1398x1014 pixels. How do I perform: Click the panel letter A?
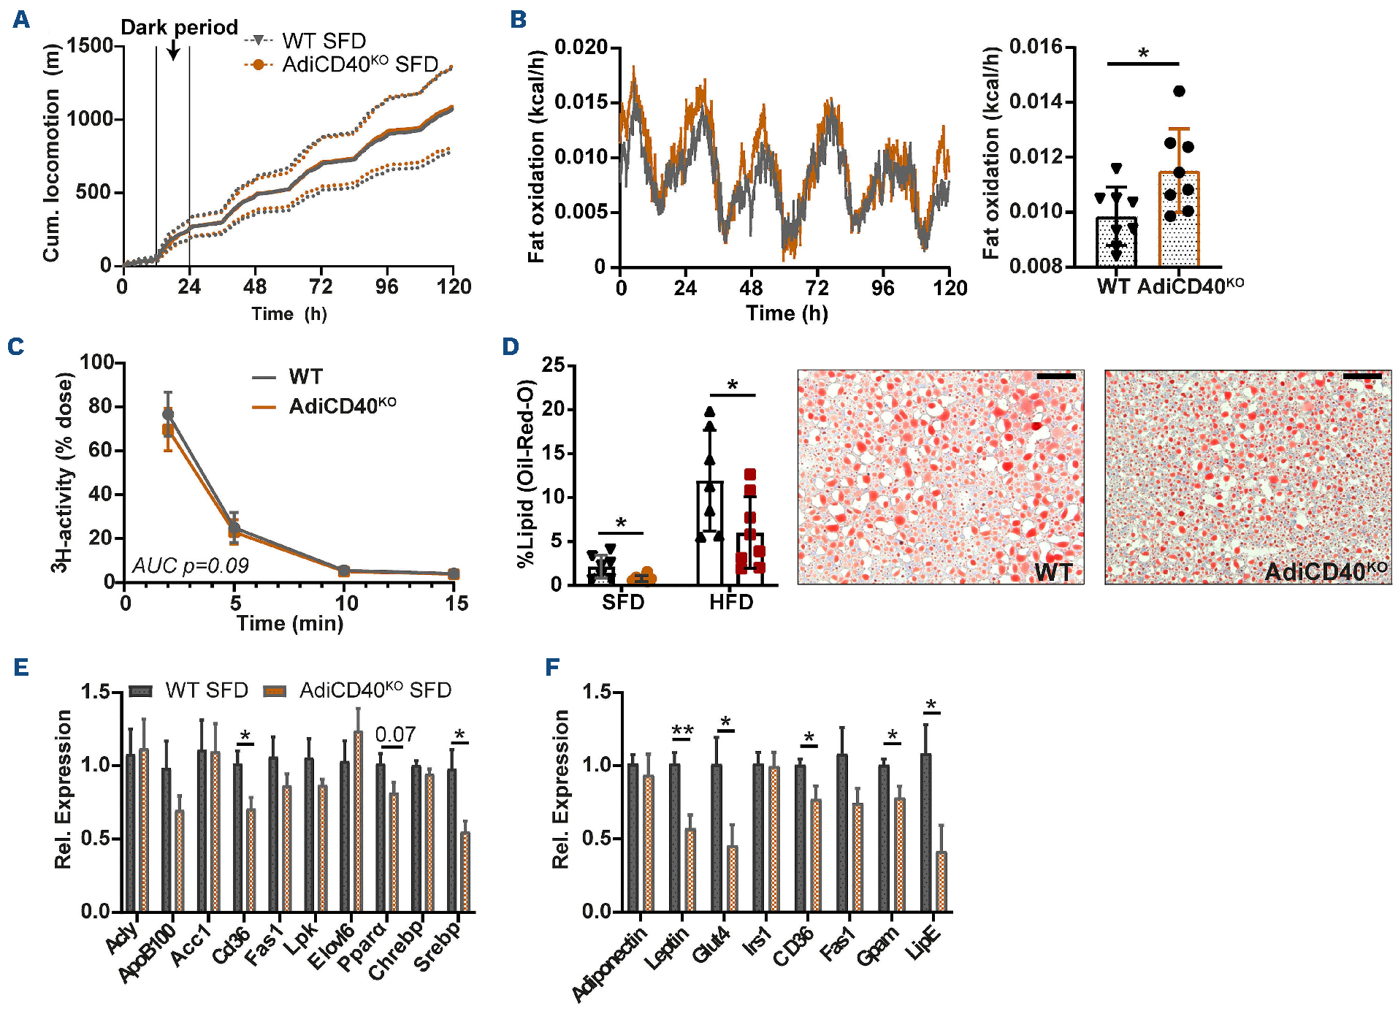[21, 20]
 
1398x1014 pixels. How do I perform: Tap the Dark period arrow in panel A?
[173, 50]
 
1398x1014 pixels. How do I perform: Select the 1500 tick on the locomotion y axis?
[91, 46]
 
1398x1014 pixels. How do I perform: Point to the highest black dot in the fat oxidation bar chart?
[1179, 91]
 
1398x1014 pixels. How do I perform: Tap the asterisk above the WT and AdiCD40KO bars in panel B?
[1143, 53]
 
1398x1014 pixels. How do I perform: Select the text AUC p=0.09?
[190, 565]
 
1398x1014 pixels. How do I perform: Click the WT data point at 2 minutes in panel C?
[168, 414]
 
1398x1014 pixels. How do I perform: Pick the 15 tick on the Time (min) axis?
[457, 603]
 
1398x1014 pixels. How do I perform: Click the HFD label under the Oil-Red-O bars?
[731, 603]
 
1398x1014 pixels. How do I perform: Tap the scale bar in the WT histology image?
[1055, 376]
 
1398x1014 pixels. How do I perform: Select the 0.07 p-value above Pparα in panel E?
[395, 734]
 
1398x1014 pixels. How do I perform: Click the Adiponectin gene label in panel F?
[610, 964]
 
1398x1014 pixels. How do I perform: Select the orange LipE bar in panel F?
[941, 881]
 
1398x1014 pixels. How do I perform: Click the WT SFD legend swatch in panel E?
[140, 691]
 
